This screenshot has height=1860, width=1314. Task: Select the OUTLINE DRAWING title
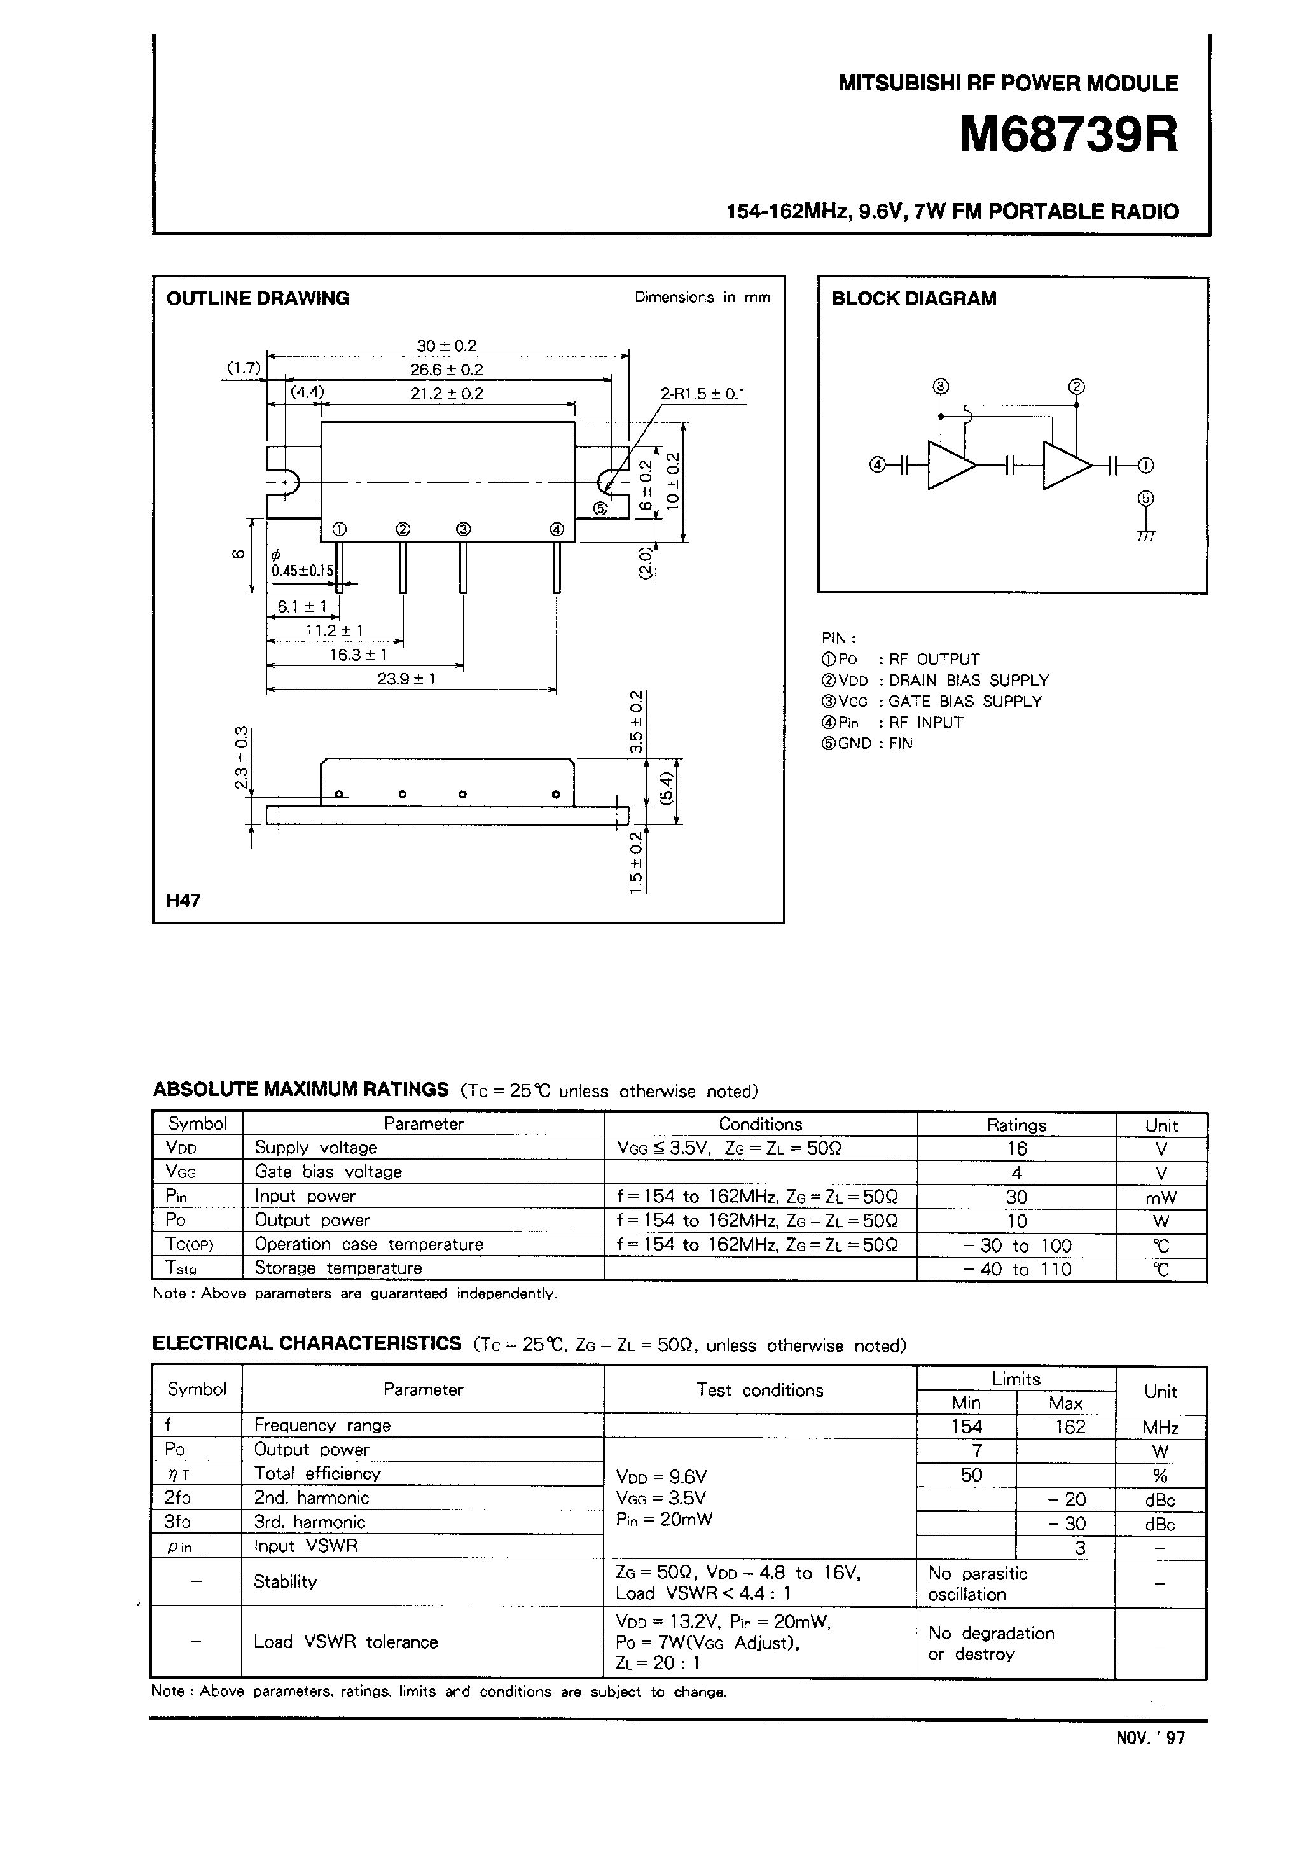pyautogui.click(x=258, y=298)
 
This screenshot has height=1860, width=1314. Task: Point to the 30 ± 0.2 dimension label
pyautogui.click(x=446, y=346)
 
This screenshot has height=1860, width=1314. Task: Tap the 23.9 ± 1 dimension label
pyautogui.click(x=406, y=679)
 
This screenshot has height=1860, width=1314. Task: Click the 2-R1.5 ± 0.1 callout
pyautogui.click(x=702, y=394)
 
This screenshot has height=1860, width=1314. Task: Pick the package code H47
pyautogui.click(x=183, y=900)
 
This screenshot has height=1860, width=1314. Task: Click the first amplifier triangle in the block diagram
pyautogui.click(x=950, y=465)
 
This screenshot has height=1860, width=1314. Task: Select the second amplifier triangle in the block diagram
pyautogui.click(x=1065, y=465)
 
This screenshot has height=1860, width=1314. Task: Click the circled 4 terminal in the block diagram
pyautogui.click(x=876, y=465)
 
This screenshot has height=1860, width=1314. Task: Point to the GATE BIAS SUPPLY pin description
pyautogui.click(x=965, y=702)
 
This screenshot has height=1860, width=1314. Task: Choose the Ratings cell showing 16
pyautogui.click(x=1017, y=1149)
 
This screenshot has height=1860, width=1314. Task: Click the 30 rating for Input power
pyautogui.click(x=1017, y=1197)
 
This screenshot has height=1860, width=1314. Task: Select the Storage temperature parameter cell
pyautogui.click(x=338, y=1268)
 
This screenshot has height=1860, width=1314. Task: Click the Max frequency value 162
pyautogui.click(x=1069, y=1427)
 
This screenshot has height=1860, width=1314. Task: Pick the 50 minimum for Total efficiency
pyautogui.click(x=971, y=1475)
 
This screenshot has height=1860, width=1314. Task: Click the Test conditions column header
pyautogui.click(x=760, y=1390)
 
